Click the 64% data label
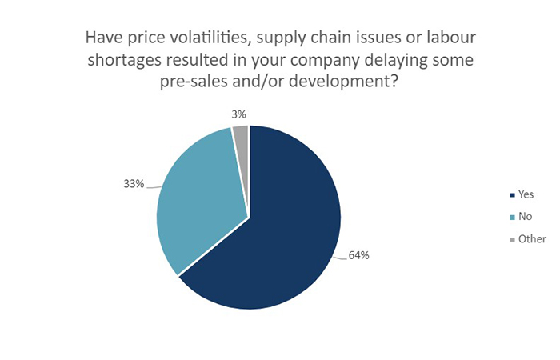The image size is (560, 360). (358, 256)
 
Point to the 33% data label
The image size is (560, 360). (133, 185)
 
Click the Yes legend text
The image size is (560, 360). (526, 194)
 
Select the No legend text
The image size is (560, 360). (526, 216)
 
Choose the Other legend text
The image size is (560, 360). (532, 238)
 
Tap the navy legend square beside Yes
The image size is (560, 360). (510, 194)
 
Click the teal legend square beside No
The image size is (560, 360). (510, 217)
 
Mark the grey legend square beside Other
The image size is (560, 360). (510, 239)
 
